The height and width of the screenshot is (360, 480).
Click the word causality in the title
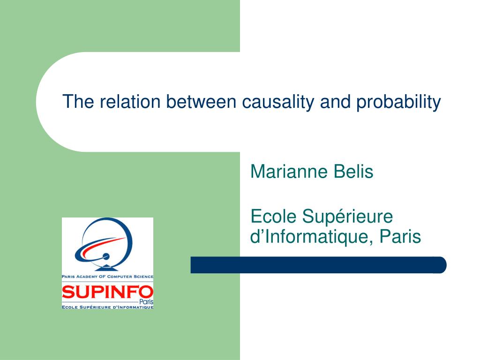pyautogui.click(x=278, y=102)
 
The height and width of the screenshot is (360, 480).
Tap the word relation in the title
pyautogui.click(x=130, y=102)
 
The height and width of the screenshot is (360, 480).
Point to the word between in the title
pyautogui.click(x=201, y=102)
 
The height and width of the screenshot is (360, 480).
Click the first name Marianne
pyautogui.click(x=289, y=172)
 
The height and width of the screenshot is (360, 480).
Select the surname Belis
pyautogui.click(x=353, y=172)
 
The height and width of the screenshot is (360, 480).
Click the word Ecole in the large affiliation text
pyautogui.click(x=273, y=217)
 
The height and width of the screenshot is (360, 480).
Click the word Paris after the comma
pyautogui.click(x=400, y=237)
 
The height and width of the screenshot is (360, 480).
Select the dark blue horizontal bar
pyautogui.click(x=318, y=265)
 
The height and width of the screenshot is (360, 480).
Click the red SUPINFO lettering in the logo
pyautogui.click(x=107, y=292)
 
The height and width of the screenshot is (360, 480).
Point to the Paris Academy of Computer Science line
pyautogui.click(x=107, y=277)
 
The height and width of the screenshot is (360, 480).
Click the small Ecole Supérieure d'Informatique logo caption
pyautogui.click(x=107, y=307)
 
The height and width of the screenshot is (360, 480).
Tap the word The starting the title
pyautogui.click(x=78, y=102)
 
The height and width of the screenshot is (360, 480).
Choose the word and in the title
pyautogui.click(x=335, y=102)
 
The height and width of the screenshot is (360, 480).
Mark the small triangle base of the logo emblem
pyautogui.click(x=106, y=268)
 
